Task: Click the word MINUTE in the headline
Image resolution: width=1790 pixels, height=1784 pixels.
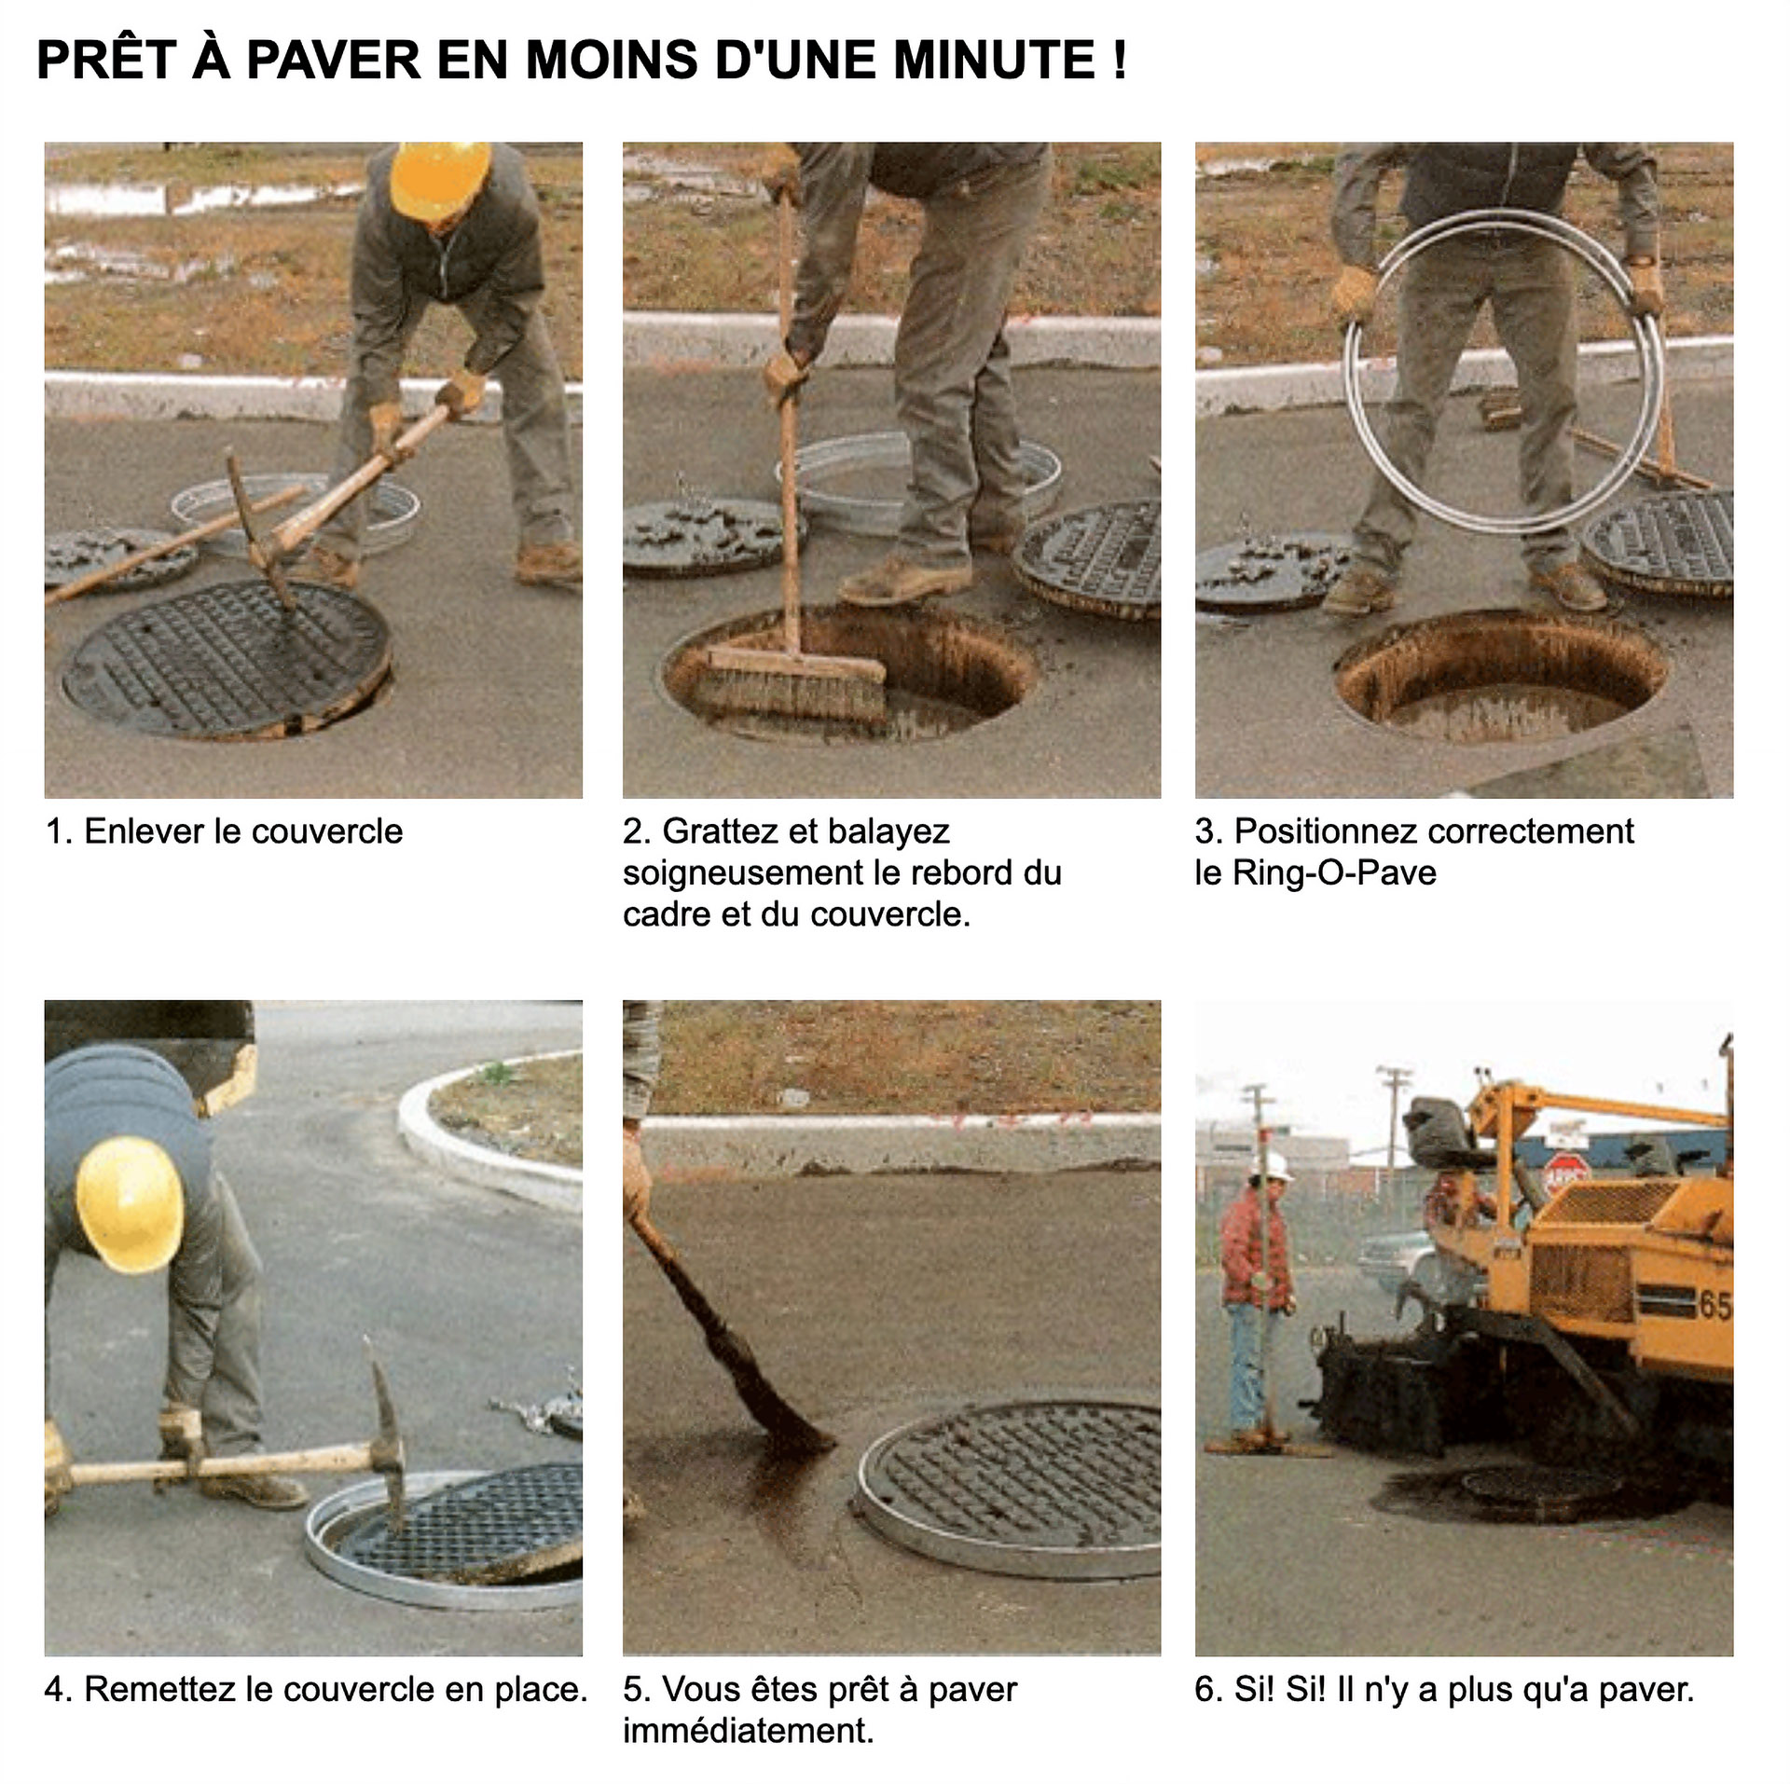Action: pos(994,61)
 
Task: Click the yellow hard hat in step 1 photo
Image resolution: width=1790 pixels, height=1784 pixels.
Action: pos(439,178)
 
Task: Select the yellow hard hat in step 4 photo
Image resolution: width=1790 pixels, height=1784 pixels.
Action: pos(130,1203)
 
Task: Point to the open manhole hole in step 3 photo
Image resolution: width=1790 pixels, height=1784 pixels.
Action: pos(1500,678)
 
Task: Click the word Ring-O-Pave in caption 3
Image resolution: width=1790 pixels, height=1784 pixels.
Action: pos(1334,873)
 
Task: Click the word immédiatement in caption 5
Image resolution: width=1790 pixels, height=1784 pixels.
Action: pos(749,1731)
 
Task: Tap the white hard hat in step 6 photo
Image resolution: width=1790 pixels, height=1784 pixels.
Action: pos(1276,1165)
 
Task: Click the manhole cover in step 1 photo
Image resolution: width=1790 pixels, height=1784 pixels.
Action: pos(227,659)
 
